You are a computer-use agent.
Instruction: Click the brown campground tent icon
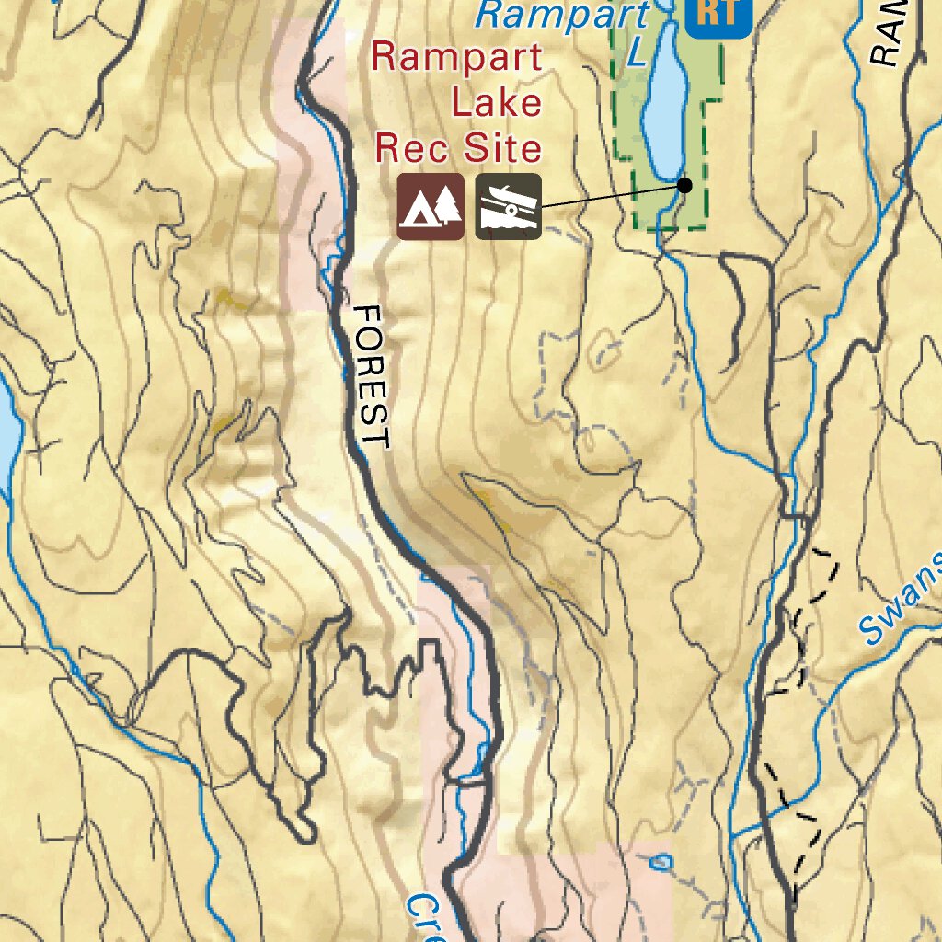point(431,207)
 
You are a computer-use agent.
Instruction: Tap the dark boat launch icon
point(509,207)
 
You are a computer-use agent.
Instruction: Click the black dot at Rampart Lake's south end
point(684,185)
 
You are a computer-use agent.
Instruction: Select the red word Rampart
point(456,58)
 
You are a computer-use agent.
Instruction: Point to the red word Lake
point(496,101)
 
